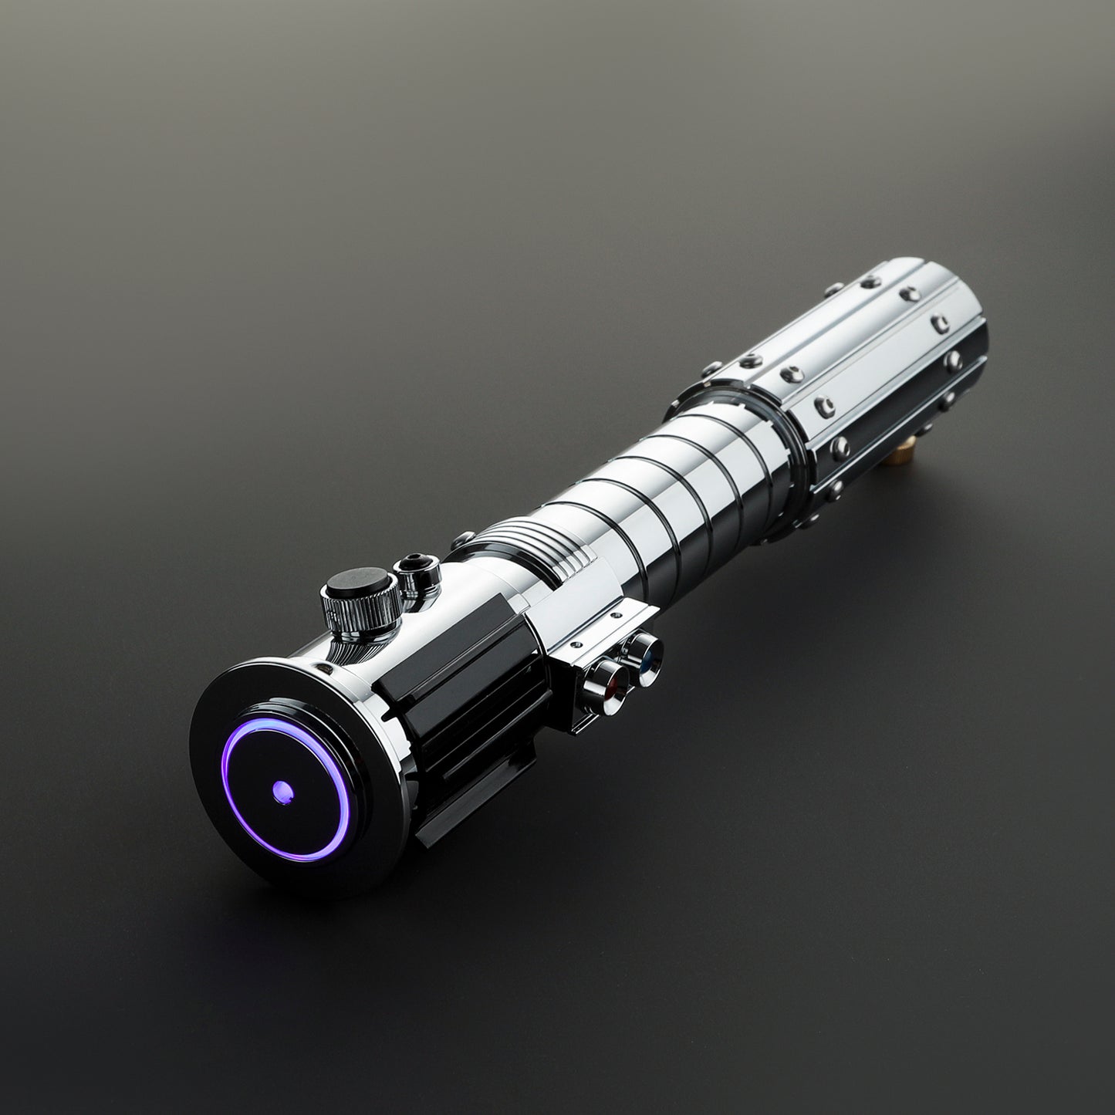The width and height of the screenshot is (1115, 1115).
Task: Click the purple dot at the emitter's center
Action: [x=281, y=789]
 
